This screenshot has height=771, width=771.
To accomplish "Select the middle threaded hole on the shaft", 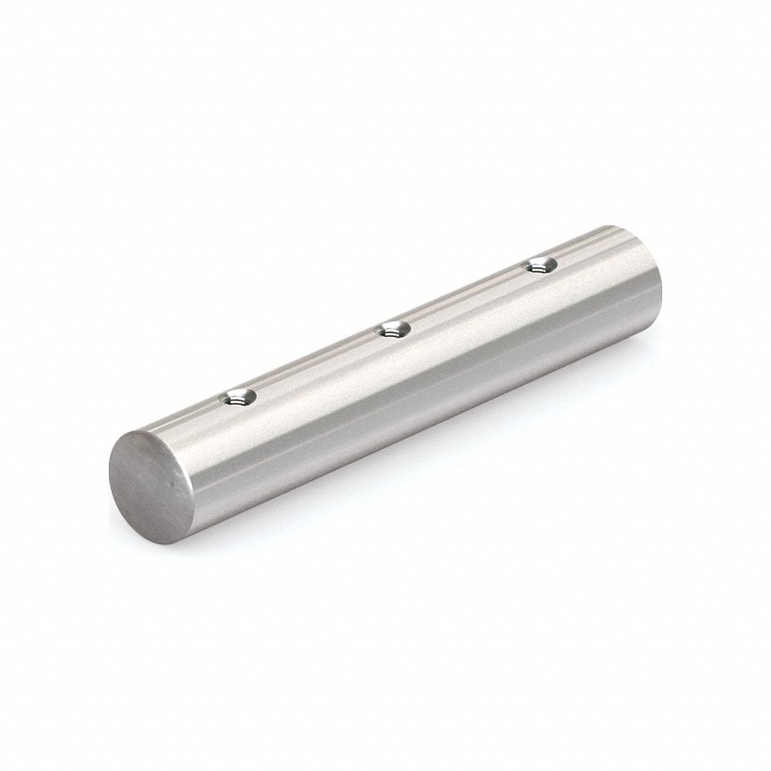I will click(x=392, y=330).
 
